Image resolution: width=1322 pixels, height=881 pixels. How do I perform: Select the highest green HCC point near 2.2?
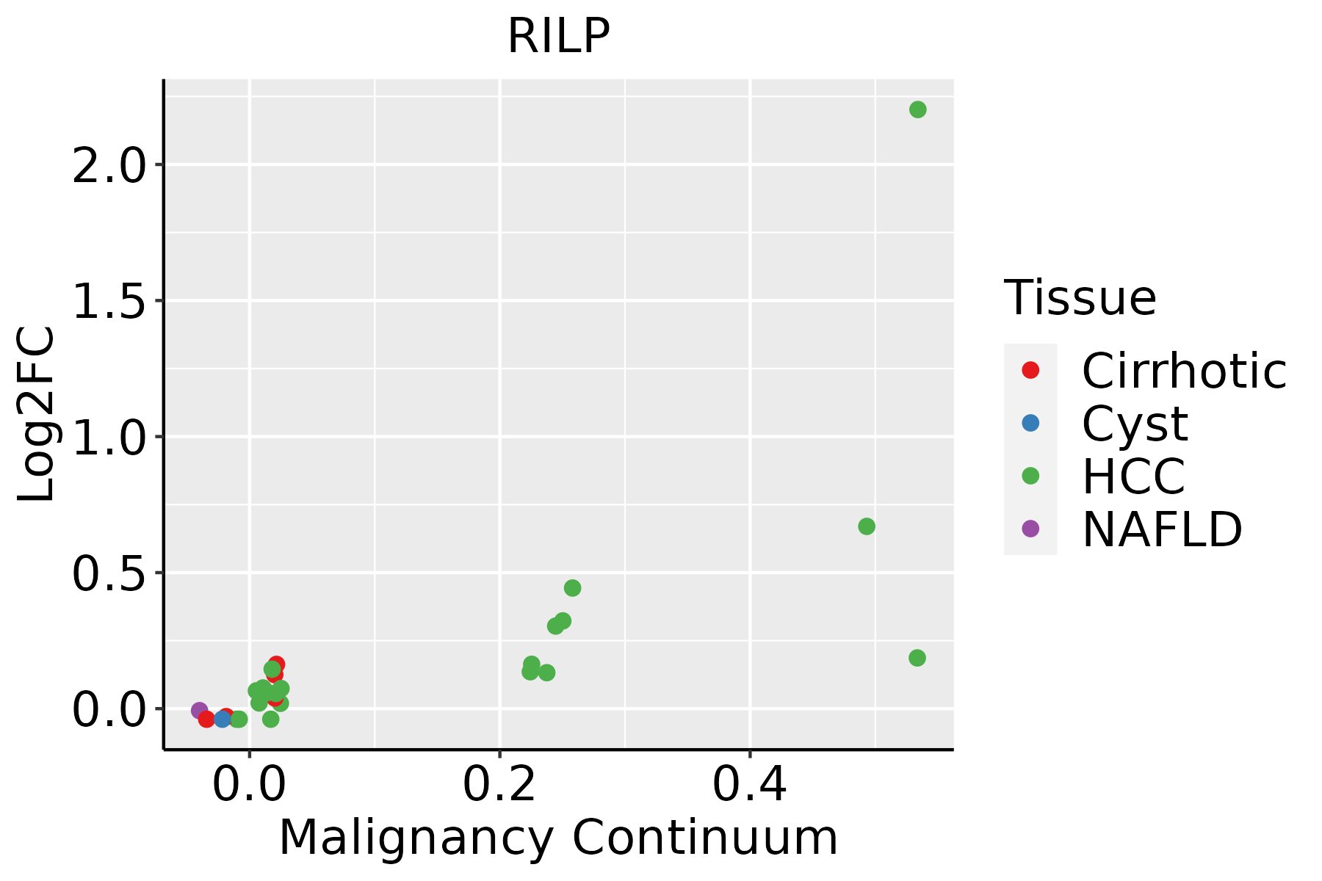click(x=917, y=110)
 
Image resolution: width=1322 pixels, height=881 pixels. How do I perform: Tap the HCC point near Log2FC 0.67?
click(x=867, y=526)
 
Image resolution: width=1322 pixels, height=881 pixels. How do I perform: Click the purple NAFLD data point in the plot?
click(x=199, y=711)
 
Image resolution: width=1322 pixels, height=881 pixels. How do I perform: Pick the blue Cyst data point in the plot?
click(x=223, y=719)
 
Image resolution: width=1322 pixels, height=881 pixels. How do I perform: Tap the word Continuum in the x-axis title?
click(x=705, y=838)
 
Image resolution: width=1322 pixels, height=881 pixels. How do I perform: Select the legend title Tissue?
click(x=1080, y=298)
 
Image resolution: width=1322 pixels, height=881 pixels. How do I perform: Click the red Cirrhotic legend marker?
click(x=1030, y=370)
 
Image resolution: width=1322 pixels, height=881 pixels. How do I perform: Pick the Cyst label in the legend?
click(x=1135, y=424)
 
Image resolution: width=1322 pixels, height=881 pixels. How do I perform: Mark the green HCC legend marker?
click(x=1030, y=476)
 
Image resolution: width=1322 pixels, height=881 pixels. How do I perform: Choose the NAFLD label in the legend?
click(x=1162, y=529)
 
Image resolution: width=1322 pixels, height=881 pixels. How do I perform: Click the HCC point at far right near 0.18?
click(x=917, y=658)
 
